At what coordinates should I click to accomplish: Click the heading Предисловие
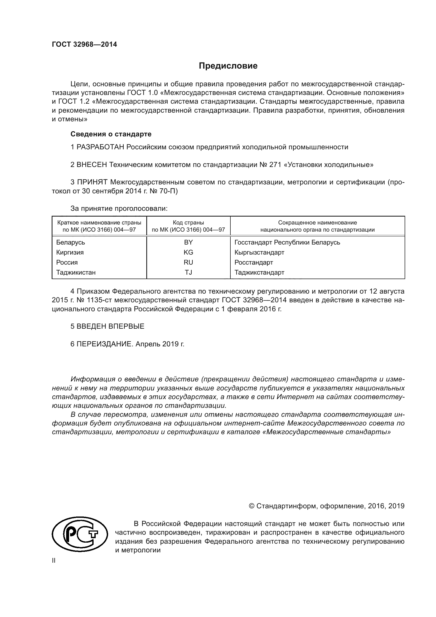click(228, 66)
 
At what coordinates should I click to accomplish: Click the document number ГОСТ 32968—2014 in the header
click(84, 44)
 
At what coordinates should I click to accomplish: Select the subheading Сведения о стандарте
click(111, 134)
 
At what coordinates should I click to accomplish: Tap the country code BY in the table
click(188, 242)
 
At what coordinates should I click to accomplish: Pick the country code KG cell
click(188, 252)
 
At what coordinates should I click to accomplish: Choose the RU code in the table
click(188, 262)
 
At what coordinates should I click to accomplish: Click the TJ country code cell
click(188, 272)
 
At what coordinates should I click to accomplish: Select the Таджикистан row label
click(76, 272)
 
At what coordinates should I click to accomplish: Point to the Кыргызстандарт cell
click(259, 252)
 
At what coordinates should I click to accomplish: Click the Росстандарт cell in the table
click(253, 262)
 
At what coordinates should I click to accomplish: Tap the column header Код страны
click(188, 223)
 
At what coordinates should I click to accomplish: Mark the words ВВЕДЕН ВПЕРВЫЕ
click(110, 326)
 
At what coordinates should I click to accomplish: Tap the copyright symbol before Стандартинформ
click(251, 506)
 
